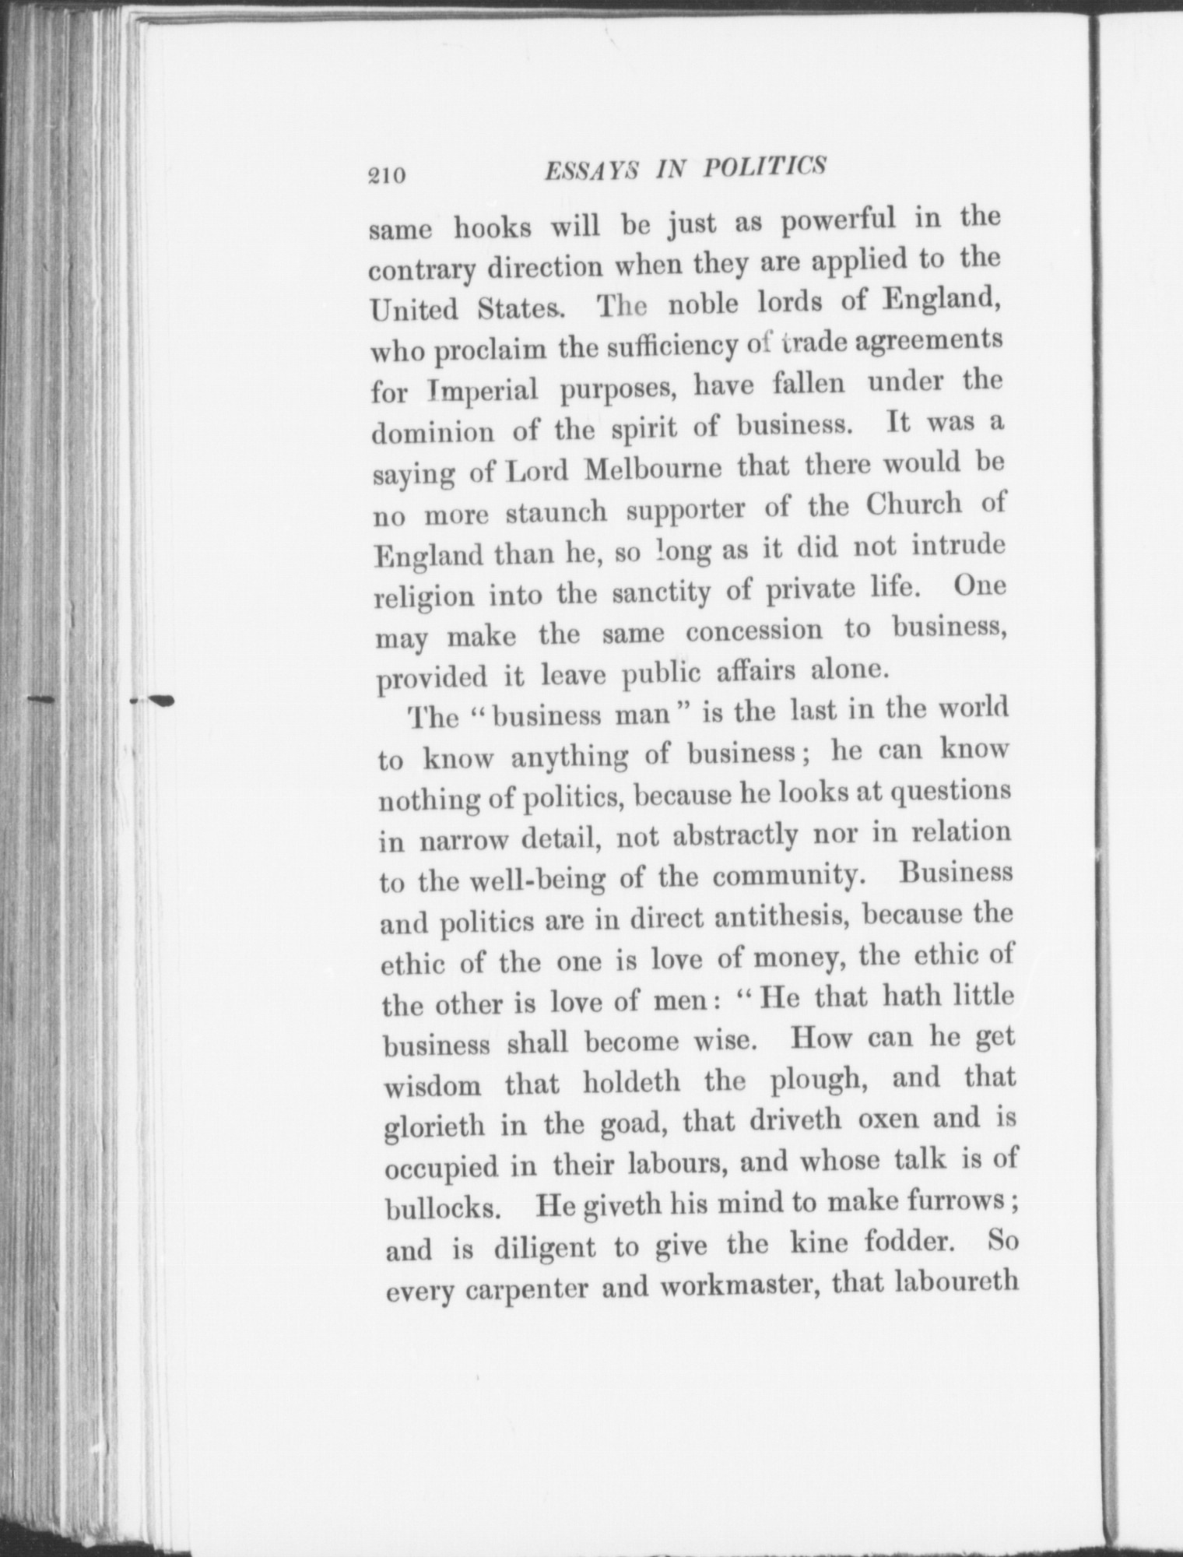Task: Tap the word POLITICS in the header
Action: (764, 167)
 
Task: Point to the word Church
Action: (914, 506)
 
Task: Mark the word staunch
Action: (556, 513)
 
